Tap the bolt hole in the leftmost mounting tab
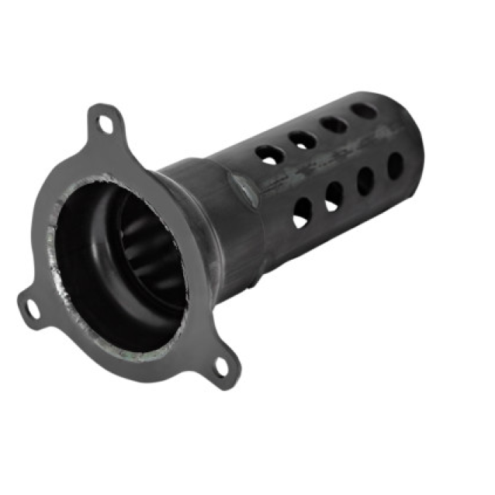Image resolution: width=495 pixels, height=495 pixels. [x=32, y=307]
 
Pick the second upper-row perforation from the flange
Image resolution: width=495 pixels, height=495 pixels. [x=302, y=140]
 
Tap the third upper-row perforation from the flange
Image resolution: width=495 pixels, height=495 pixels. [x=333, y=124]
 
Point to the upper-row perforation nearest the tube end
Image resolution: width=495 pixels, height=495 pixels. [x=363, y=110]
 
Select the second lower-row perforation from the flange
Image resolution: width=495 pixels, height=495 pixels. [x=334, y=195]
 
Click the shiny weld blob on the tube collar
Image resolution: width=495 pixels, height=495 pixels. [x=245, y=187]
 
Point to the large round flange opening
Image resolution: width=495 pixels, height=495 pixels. [x=116, y=256]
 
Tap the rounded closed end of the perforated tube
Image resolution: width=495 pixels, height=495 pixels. [x=415, y=140]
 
